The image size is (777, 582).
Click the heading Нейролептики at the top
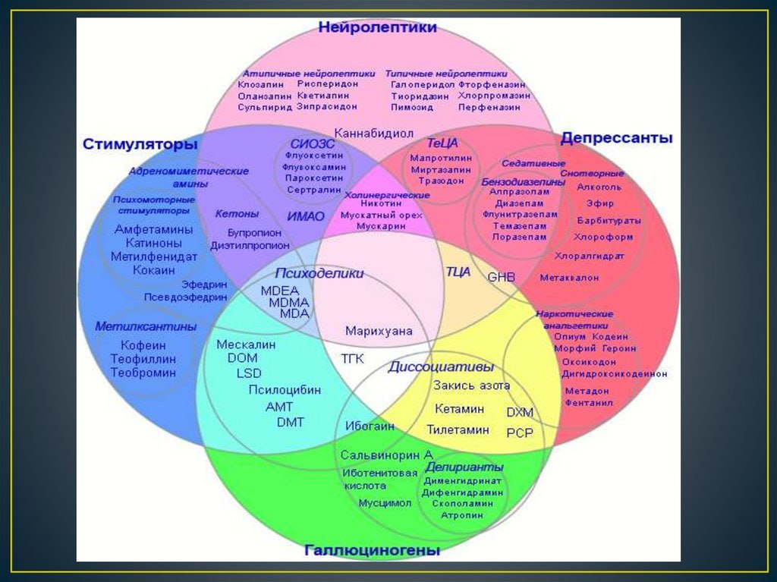pyautogui.click(x=377, y=28)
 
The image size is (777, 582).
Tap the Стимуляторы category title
pyautogui.click(x=140, y=144)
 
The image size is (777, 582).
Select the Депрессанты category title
pyautogui.click(x=616, y=138)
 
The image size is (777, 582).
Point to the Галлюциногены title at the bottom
pyautogui.click(x=372, y=550)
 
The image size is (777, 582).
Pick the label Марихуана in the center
pyautogui.click(x=379, y=331)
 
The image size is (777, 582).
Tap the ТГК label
pyautogui.click(x=352, y=358)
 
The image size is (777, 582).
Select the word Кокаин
pyautogui.click(x=154, y=270)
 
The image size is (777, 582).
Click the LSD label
pyautogui.click(x=249, y=373)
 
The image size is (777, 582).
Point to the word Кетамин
pyautogui.click(x=459, y=409)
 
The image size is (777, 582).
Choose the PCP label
pyautogui.click(x=520, y=433)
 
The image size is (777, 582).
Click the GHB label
pyautogui.click(x=501, y=277)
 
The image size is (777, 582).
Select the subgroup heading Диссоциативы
pyautogui.click(x=441, y=367)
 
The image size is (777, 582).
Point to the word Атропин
pyautogui.click(x=462, y=515)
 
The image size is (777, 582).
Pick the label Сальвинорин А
pyautogui.click(x=386, y=455)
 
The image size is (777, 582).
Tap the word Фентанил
pyautogui.click(x=589, y=403)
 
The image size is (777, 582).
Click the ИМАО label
pyautogui.click(x=306, y=216)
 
